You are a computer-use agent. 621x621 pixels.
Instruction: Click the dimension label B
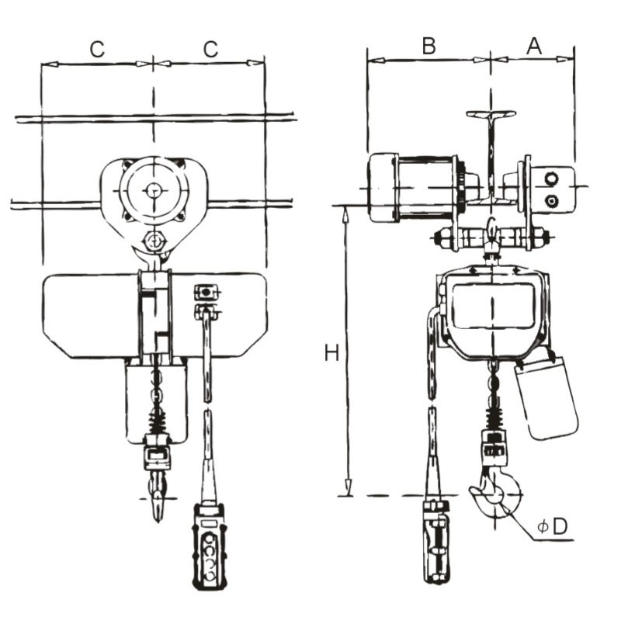pyautogui.click(x=428, y=45)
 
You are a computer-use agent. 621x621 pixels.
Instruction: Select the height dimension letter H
pyautogui.click(x=331, y=353)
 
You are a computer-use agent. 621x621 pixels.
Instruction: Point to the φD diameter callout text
pyautogui.click(x=553, y=526)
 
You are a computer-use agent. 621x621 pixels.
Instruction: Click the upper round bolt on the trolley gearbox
pyautogui.click(x=552, y=179)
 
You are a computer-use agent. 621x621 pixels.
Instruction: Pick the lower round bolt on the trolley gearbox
pyautogui.click(x=552, y=201)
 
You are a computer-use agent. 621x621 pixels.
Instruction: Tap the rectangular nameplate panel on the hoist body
pyautogui.click(x=492, y=304)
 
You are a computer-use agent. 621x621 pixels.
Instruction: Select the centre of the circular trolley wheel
pyautogui.click(x=154, y=189)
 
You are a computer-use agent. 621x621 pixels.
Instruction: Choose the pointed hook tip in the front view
pyautogui.click(x=158, y=508)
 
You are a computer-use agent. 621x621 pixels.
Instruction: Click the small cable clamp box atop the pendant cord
pyautogui.click(x=206, y=292)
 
